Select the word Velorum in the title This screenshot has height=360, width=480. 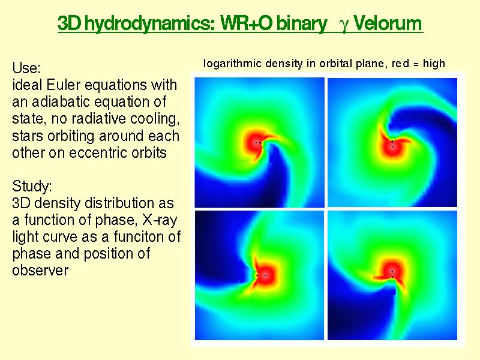coord(388,23)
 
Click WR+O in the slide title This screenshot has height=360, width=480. coord(247,23)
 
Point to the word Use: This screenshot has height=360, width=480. coord(26,68)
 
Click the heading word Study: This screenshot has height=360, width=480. coord(32,187)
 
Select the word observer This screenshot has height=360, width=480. coord(40,271)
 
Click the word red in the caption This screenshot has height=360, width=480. coord(400,64)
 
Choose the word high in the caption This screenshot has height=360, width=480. coord(434,64)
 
